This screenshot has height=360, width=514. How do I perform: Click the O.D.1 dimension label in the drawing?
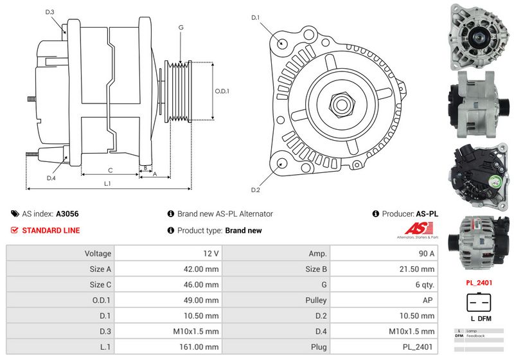tap(222, 91)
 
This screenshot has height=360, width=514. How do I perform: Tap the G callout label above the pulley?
tap(181, 28)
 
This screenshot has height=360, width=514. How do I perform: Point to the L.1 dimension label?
tap(107, 183)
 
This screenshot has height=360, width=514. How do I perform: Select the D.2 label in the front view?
tap(255, 190)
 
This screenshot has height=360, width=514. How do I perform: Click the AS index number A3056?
tap(67, 213)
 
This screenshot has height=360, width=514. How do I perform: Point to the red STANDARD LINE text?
tap(51, 230)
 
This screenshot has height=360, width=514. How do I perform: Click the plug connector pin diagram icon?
tap(478, 303)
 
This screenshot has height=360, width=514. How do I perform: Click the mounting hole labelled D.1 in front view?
tap(283, 42)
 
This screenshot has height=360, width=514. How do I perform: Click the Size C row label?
tap(100, 285)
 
